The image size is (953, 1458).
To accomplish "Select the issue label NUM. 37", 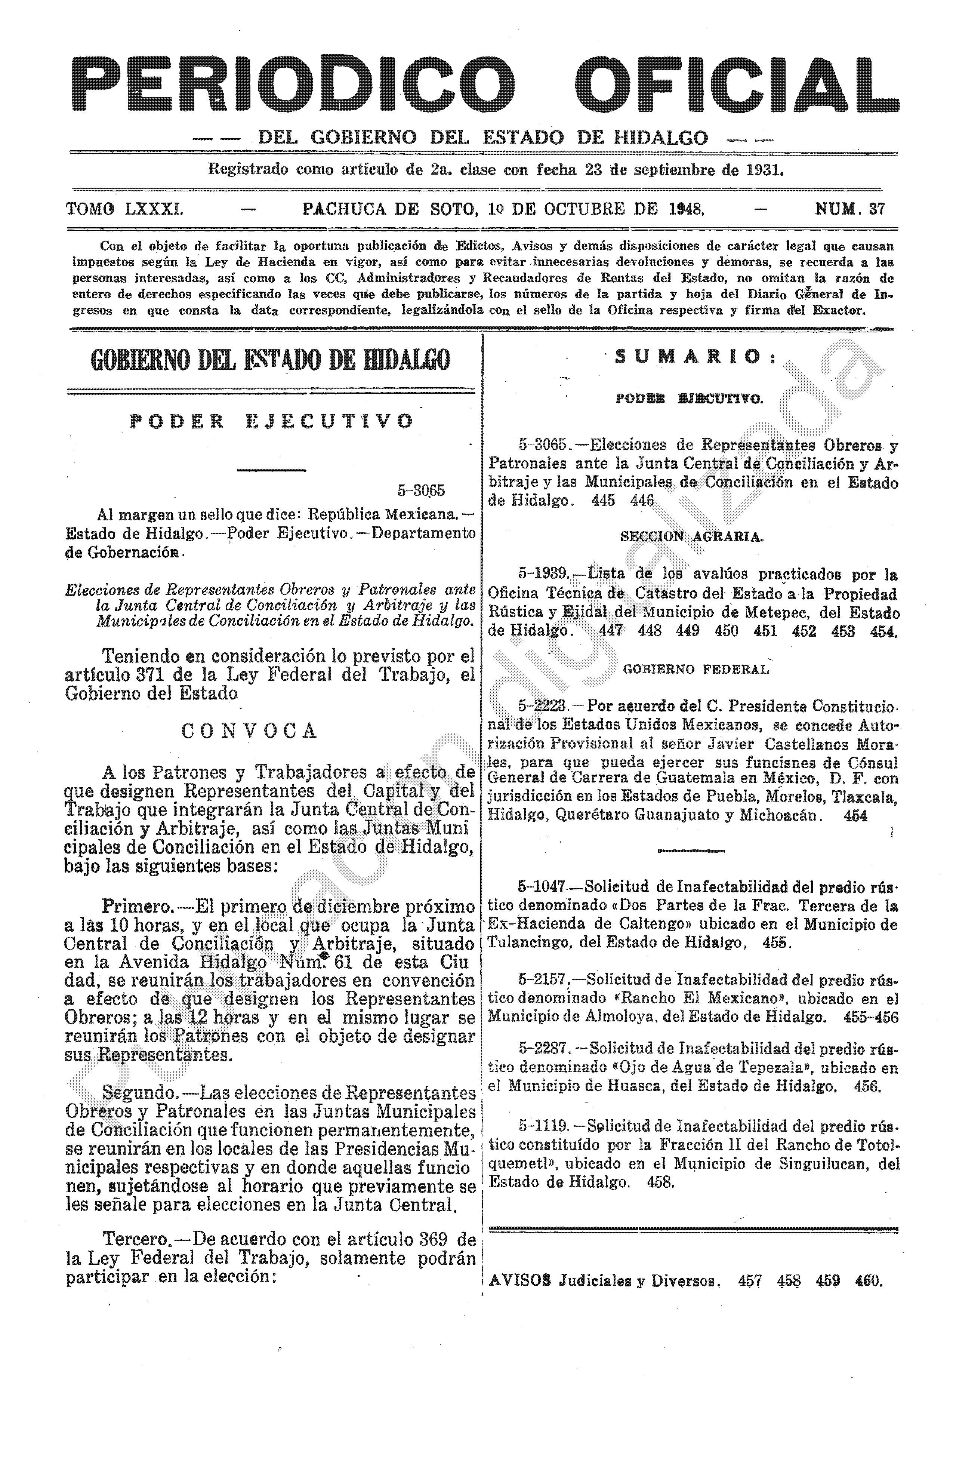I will [x=849, y=209].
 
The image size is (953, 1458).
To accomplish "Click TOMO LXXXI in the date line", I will [x=124, y=209].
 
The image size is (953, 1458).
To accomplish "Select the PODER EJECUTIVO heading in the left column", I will [x=271, y=422].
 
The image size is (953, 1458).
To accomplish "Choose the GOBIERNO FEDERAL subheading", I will [x=695, y=670].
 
